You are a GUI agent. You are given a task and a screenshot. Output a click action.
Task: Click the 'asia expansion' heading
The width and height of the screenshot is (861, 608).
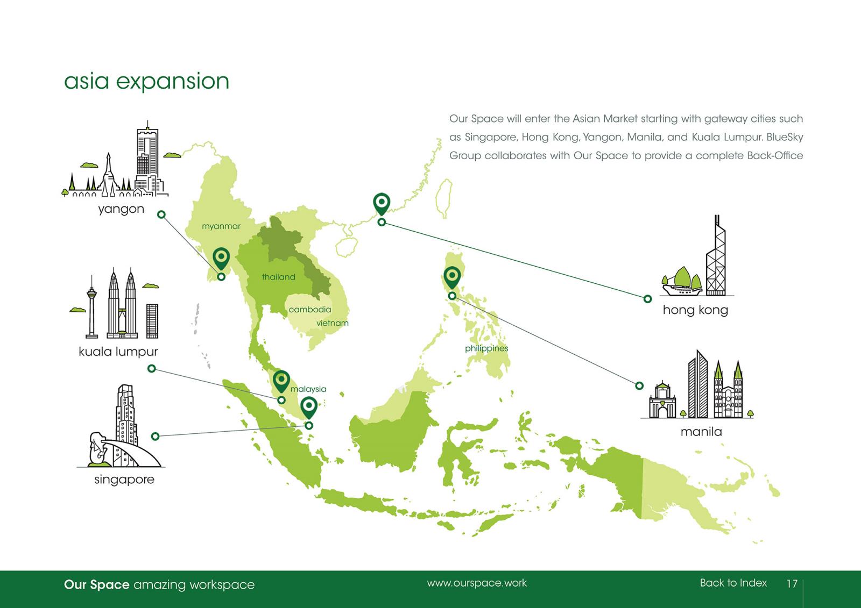(146, 81)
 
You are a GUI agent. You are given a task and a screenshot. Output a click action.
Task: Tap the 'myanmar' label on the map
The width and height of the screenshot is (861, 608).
(221, 227)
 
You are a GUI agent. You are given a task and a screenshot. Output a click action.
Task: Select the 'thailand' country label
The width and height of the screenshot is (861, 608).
(278, 277)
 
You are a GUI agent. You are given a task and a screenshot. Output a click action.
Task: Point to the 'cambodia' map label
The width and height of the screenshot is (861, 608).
(310, 310)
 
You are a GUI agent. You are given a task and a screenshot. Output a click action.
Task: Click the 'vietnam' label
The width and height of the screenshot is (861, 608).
(333, 323)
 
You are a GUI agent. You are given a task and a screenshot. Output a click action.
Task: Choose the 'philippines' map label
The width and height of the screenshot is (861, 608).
(486, 348)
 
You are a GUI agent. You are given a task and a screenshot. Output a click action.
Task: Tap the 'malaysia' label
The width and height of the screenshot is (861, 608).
(308, 389)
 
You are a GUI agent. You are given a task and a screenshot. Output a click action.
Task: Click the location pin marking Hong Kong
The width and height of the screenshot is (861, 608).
(382, 204)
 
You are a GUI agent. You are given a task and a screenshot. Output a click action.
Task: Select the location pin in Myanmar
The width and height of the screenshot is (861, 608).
(221, 259)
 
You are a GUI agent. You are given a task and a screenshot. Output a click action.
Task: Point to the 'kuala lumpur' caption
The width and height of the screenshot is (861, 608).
(118, 352)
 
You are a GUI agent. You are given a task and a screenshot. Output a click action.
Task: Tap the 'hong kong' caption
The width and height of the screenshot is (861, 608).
(695, 310)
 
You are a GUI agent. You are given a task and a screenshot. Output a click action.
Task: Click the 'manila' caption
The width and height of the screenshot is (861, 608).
(701, 432)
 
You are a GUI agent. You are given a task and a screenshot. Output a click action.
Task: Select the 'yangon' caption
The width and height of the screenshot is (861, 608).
(121, 209)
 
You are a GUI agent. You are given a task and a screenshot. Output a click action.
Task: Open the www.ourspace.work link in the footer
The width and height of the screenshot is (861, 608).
(477, 583)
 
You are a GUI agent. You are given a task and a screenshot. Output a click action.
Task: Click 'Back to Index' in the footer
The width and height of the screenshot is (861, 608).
(733, 583)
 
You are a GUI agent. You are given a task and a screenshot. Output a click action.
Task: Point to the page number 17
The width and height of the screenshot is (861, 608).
(792, 584)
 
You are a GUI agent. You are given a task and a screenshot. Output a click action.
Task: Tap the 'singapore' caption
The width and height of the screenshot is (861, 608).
(124, 480)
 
